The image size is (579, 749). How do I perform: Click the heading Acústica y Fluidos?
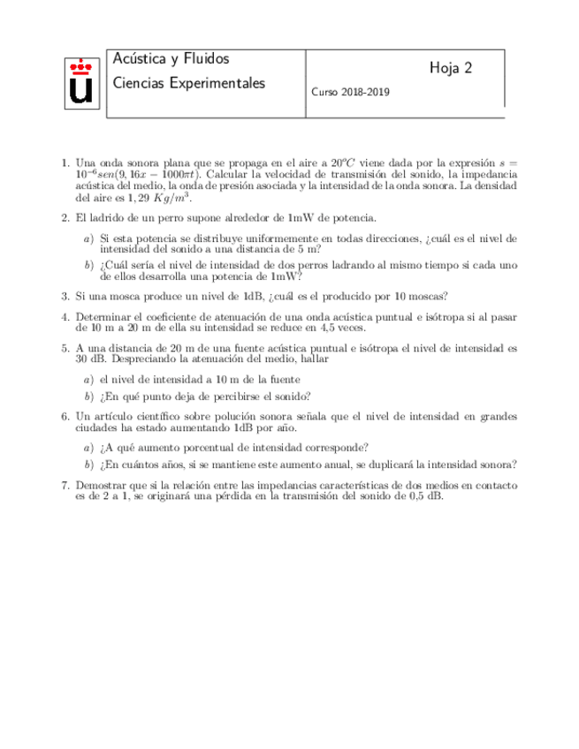[171, 59]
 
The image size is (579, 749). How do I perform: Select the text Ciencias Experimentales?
[189, 83]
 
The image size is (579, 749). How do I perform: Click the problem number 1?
[66, 163]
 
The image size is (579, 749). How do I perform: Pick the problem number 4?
[66, 316]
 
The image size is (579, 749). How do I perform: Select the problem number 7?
[66, 485]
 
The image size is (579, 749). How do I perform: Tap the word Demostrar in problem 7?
[103, 485]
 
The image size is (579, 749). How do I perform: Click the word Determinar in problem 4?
[105, 316]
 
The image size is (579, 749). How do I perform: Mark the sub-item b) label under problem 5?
[88, 396]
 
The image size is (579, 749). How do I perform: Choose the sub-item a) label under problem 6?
[88, 447]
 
